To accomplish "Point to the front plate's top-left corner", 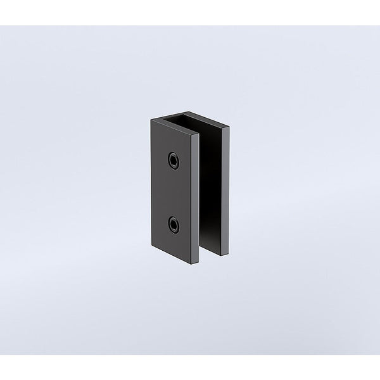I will click(150, 120).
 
